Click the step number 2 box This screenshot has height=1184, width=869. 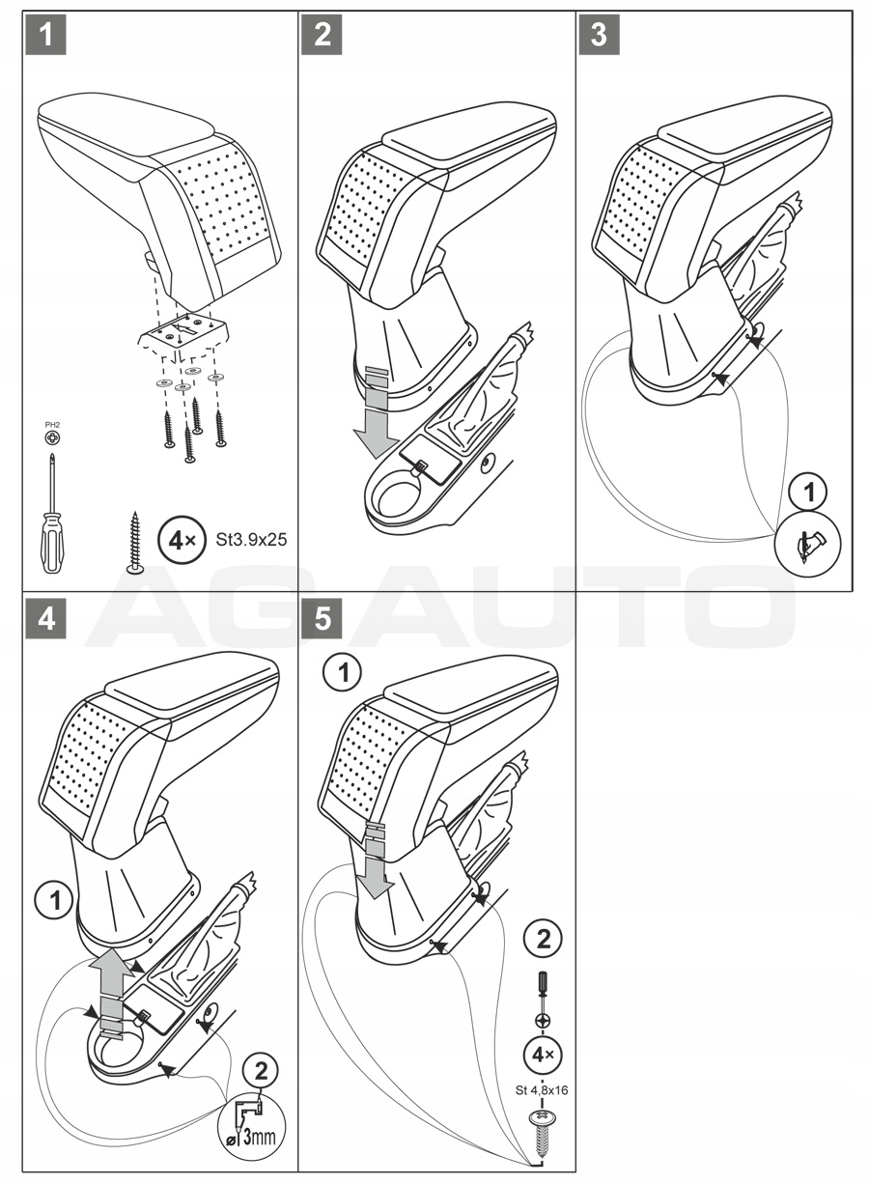[322, 36]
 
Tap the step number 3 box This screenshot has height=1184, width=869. [599, 36]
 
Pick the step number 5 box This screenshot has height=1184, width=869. [322, 619]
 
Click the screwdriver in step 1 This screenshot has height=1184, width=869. [51, 513]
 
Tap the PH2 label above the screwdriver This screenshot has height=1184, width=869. [51, 425]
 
